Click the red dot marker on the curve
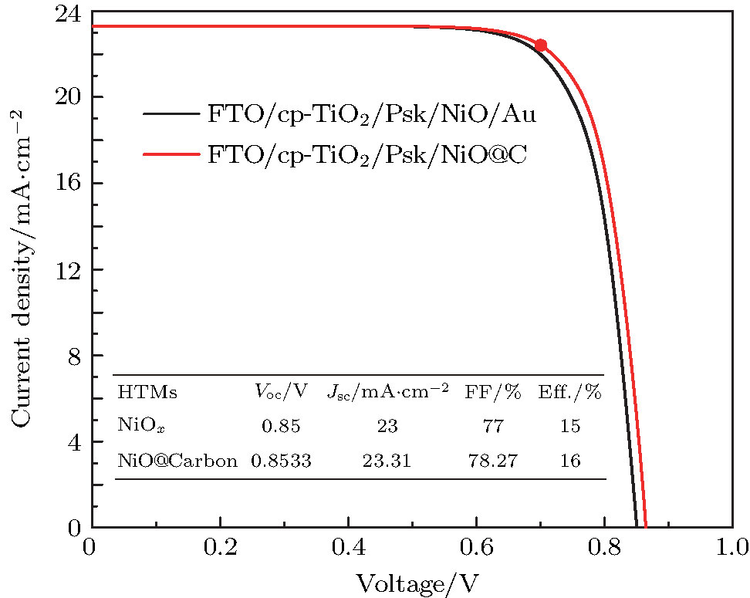point(541,46)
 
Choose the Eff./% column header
point(569,393)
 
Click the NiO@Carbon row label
point(177,461)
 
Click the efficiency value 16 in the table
point(569,461)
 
